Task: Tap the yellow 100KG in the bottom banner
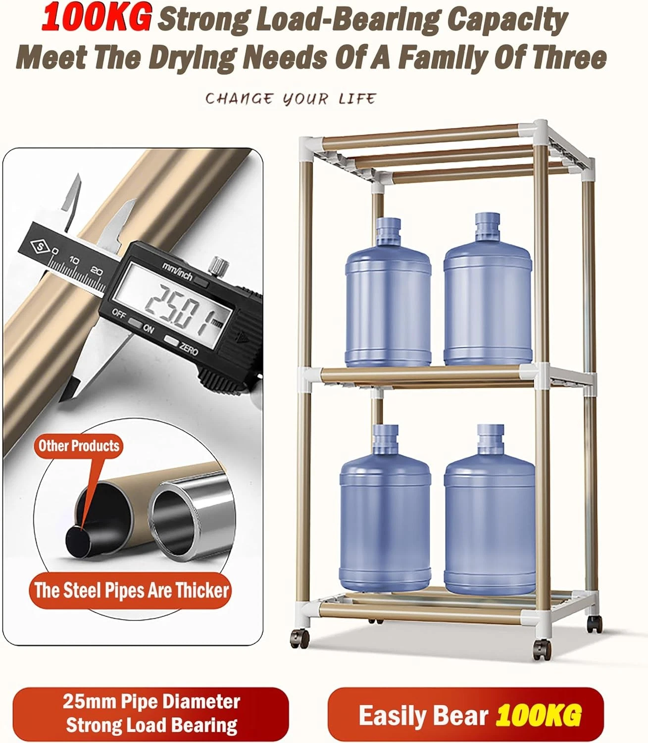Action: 539,716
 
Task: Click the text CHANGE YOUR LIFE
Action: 291,99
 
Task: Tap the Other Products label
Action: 79,446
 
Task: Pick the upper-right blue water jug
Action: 488,289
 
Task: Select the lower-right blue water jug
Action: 490,510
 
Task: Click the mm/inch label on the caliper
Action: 177,271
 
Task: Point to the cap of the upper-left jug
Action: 388,226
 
